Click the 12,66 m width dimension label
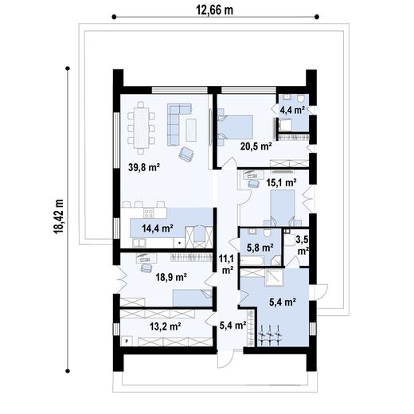[x=214, y=10]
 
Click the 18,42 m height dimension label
[x=58, y=217]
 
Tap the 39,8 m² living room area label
[x=144, y=167]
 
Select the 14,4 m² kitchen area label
[x=158, y=228]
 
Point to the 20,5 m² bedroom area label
[x=256, y=146]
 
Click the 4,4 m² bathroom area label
[x=292, y=110]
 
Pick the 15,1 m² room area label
[x=281, y=182]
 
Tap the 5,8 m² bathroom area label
[x=260, y=248]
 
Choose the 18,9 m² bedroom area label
[x=171, y=277]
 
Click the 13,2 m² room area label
[x=166, y=326]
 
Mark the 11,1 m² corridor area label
[x=226, y=264]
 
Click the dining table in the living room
[x=141, y=128]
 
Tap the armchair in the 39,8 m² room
[x=186, y=154]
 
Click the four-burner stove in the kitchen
[x=149, y=213]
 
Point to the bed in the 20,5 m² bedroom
[x=235, y=127]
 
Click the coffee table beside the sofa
[x=191, y=130]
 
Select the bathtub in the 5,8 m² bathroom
[x=252, y=260]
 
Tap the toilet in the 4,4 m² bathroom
[x=301, y=99]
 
